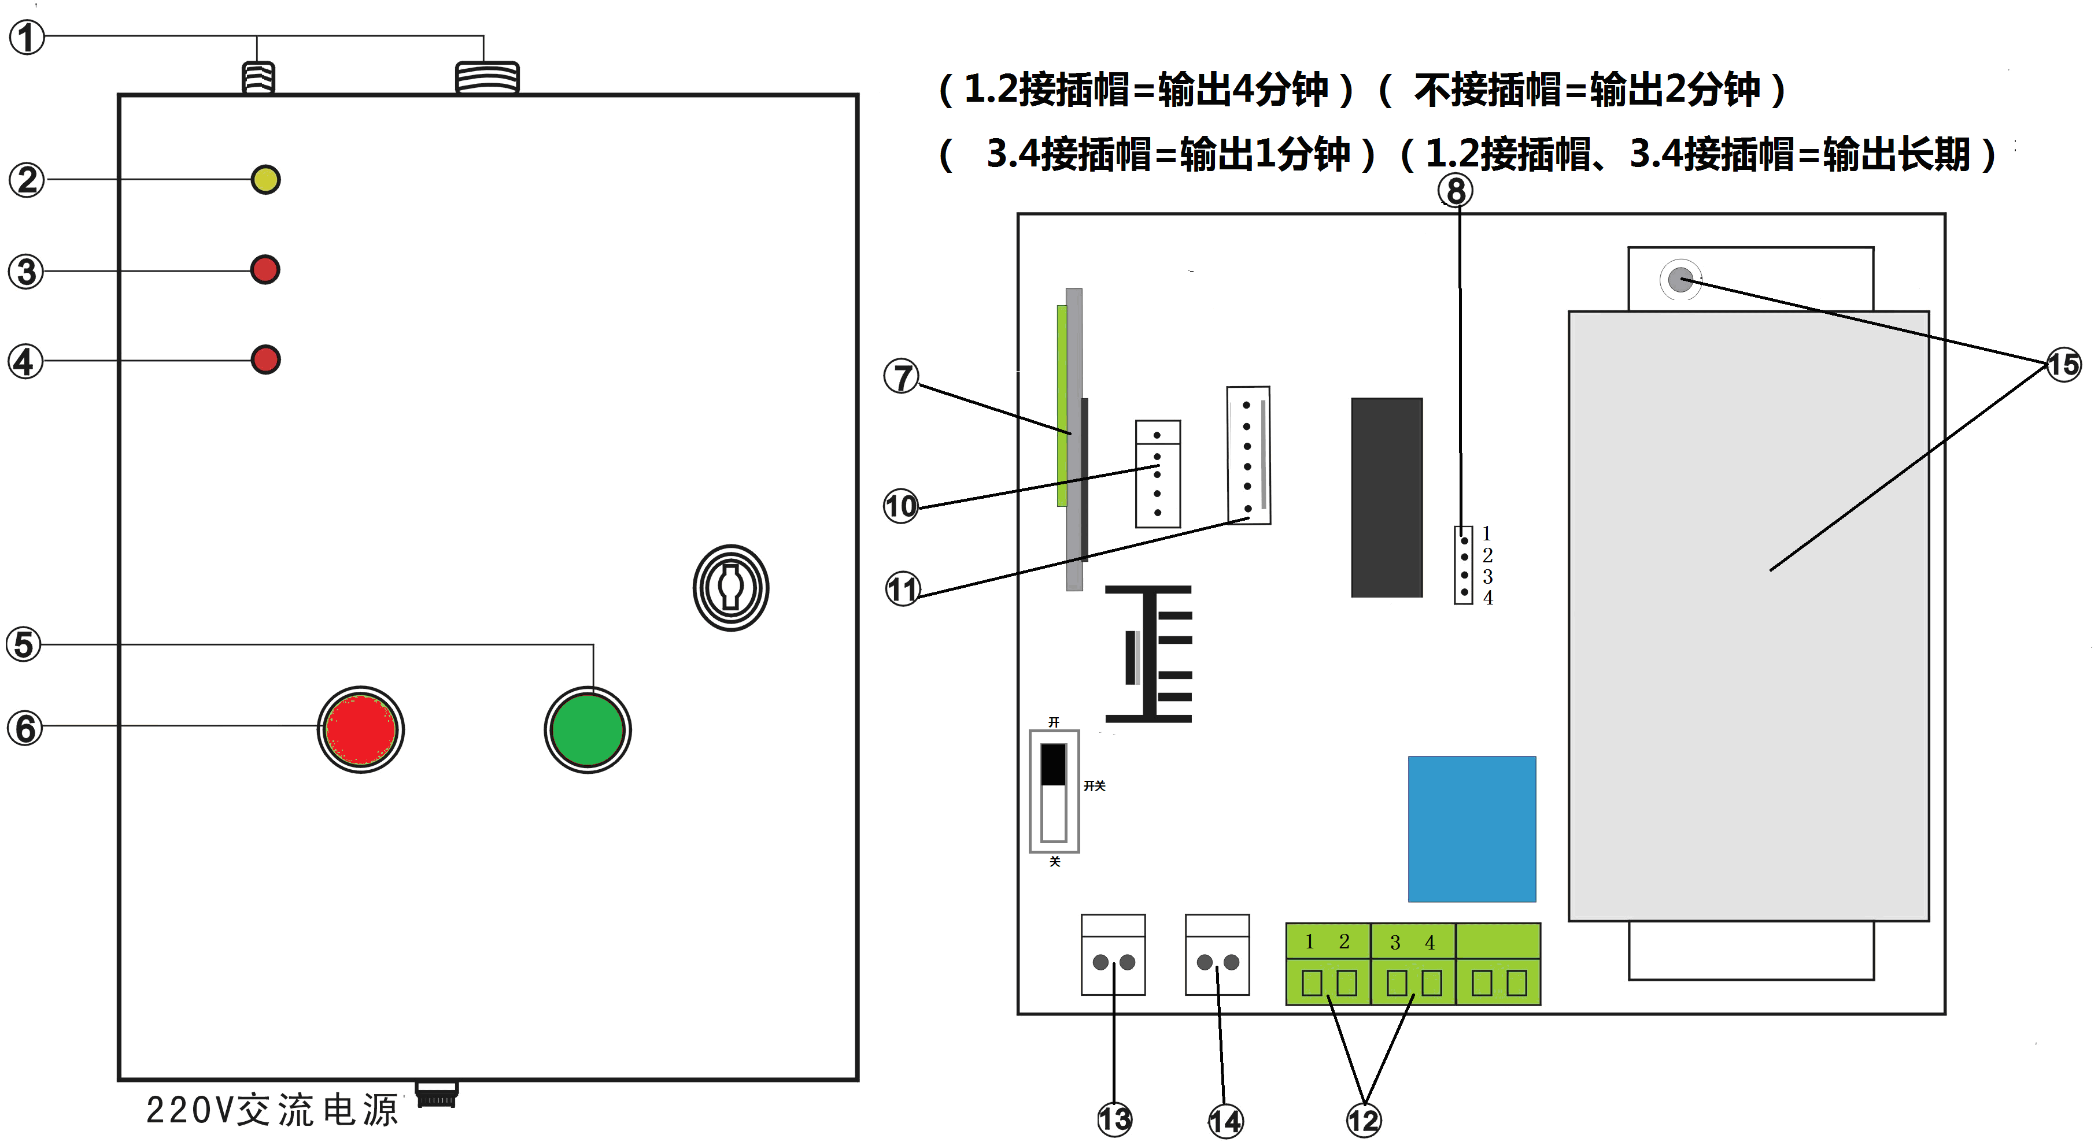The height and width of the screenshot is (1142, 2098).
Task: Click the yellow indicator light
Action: tap(265, 179)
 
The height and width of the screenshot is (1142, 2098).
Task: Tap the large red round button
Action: tap(361, 729)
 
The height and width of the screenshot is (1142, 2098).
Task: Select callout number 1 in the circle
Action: tap(27, 38)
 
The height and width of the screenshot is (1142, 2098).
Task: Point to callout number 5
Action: tap(24, 644)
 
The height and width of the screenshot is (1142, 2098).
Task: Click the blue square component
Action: tap(1472, 829)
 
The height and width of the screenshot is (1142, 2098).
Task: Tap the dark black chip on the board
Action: tap(1386, 498)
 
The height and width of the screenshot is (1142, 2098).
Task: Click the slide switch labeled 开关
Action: tap(1054, 791)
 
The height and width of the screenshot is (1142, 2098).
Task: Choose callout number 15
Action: tap(2063, 364)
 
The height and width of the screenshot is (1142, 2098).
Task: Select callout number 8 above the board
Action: tap(1456, 191)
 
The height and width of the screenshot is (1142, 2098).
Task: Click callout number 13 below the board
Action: tap(1114, 1119)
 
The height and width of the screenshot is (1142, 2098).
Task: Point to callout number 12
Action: tap(1364, 1121)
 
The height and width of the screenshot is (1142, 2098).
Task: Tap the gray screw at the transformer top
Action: tap(1679, 280)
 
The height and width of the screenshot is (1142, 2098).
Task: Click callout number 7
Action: tap(902, 377)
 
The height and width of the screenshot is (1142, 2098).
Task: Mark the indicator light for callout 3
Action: tap(265, 269)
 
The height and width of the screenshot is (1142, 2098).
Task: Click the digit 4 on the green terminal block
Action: tap(1430, 943)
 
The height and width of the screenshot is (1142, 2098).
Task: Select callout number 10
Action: tap(901, 506)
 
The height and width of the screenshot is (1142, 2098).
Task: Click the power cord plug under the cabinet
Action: tap(437, 1095)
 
